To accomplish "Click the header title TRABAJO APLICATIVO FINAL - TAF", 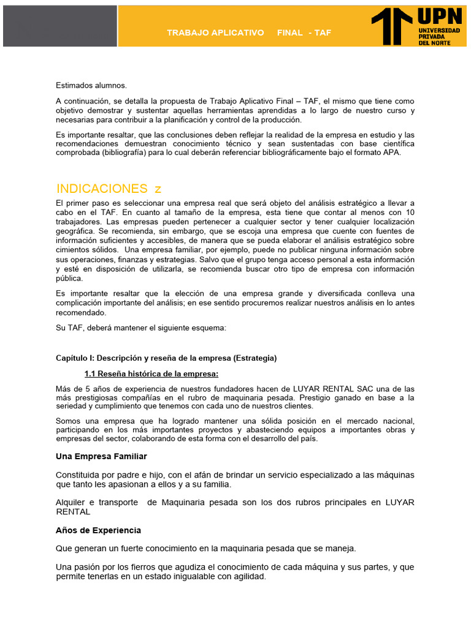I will (x=249, y=32).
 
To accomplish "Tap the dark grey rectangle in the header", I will (x=59, y=26).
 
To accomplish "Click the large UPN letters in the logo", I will (x=440, y=17).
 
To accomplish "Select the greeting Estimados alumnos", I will (x=91, y=85).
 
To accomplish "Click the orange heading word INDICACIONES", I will (x=102, y=188).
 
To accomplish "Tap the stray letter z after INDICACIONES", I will (x=158, y=189).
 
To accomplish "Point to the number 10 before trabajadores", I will (x=410, y=212).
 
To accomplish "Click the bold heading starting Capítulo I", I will (x=166, y=358).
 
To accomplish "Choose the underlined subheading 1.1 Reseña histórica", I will (x=151, y=374).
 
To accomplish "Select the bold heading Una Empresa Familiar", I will (x=101, y=456).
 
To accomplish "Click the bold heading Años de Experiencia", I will (x=98, y=530).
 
